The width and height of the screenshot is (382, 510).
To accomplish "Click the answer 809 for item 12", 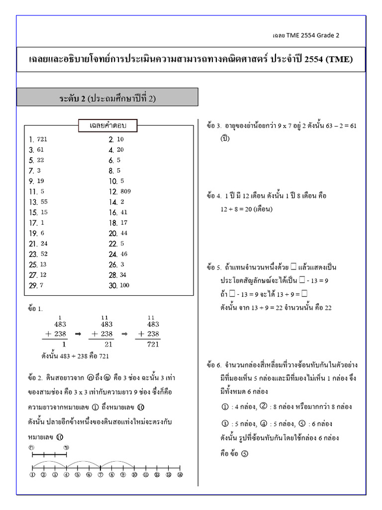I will (x=125, y=191).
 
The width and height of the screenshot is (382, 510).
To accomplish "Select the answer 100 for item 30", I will (x=125, y=285).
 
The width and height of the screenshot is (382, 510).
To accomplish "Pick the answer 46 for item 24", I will (x=123, y=254).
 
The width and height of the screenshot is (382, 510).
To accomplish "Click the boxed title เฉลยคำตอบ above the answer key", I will (x=107, y=126).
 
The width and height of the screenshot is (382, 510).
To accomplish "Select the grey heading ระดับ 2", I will (x=107, y=98).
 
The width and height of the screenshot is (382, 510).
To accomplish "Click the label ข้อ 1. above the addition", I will (x=36, y=309).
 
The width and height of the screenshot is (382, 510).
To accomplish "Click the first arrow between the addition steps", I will (x=77, y=334).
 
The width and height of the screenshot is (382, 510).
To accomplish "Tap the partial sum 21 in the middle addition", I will (x=107, y=344).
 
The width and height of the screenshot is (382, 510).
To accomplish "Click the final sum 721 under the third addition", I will (x=153, y=344).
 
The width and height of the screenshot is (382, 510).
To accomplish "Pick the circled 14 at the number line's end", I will (x=180, y=475).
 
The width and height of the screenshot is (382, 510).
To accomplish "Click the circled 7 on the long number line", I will (x=100, y=475).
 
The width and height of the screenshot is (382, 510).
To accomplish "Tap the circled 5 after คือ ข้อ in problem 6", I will (x=244, y=454).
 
